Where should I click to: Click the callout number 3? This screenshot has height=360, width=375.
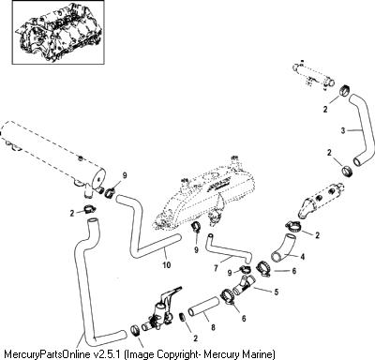click(x=343, y=130)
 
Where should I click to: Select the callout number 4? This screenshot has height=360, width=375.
click(x=302, y=257)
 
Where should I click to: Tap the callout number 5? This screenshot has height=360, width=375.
click(x=276, y=292)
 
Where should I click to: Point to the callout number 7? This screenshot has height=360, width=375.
click(x=216, y=268)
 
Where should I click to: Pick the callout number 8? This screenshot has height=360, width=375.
click(x=213, y=327)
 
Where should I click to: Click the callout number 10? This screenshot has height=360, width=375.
click(x=167, y=264)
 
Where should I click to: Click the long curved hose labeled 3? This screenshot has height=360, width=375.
click(x=363, y=128)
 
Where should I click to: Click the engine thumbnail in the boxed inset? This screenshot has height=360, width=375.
click(x=58, y=32)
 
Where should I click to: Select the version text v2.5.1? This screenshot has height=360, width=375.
click(x=108, y=354)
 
